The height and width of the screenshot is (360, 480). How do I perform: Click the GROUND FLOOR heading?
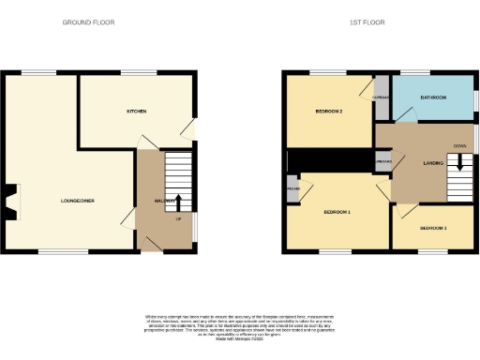tap(88, 22)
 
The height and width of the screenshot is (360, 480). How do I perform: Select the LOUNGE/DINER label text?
tap(77, 201)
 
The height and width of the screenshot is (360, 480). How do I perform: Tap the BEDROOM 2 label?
tap(327, 112)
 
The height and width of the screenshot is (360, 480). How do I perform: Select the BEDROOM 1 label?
tap(337, 213)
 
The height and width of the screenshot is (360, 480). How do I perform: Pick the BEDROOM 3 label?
tap(433, 228)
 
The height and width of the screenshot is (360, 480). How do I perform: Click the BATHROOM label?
tap(432, 97)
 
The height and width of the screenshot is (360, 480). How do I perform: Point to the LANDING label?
tap(432, 163)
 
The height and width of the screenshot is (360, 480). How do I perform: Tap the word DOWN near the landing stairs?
tap(459, 146)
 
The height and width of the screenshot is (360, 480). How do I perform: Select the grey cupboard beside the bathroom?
tap(381, 97)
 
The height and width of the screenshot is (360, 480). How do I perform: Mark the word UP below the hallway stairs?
tap(178, 219)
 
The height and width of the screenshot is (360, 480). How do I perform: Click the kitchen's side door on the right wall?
tap(191, 129)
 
